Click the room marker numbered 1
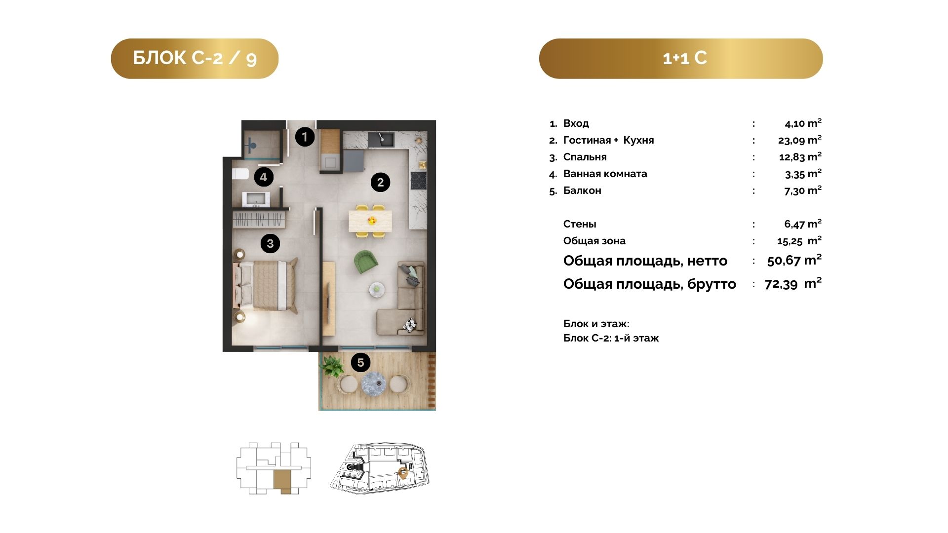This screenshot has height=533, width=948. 305,137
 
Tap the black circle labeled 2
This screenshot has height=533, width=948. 380,182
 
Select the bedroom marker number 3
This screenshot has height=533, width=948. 270,243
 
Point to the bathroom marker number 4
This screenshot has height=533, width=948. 264,177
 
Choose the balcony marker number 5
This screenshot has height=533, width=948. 360,363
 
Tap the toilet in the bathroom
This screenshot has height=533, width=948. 240,174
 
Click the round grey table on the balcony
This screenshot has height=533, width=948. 373,384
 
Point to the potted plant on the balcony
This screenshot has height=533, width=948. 331,367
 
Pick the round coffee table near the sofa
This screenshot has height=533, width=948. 377,290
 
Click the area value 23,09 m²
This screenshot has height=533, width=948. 799,140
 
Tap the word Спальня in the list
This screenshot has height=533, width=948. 585,157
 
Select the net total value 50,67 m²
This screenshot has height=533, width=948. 794,260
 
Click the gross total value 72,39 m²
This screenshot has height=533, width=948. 793,283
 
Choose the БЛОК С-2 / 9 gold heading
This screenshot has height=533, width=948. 195,58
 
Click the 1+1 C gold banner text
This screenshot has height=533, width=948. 685,58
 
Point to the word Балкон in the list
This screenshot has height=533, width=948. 582,190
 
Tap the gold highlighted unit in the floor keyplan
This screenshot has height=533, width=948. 283,481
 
